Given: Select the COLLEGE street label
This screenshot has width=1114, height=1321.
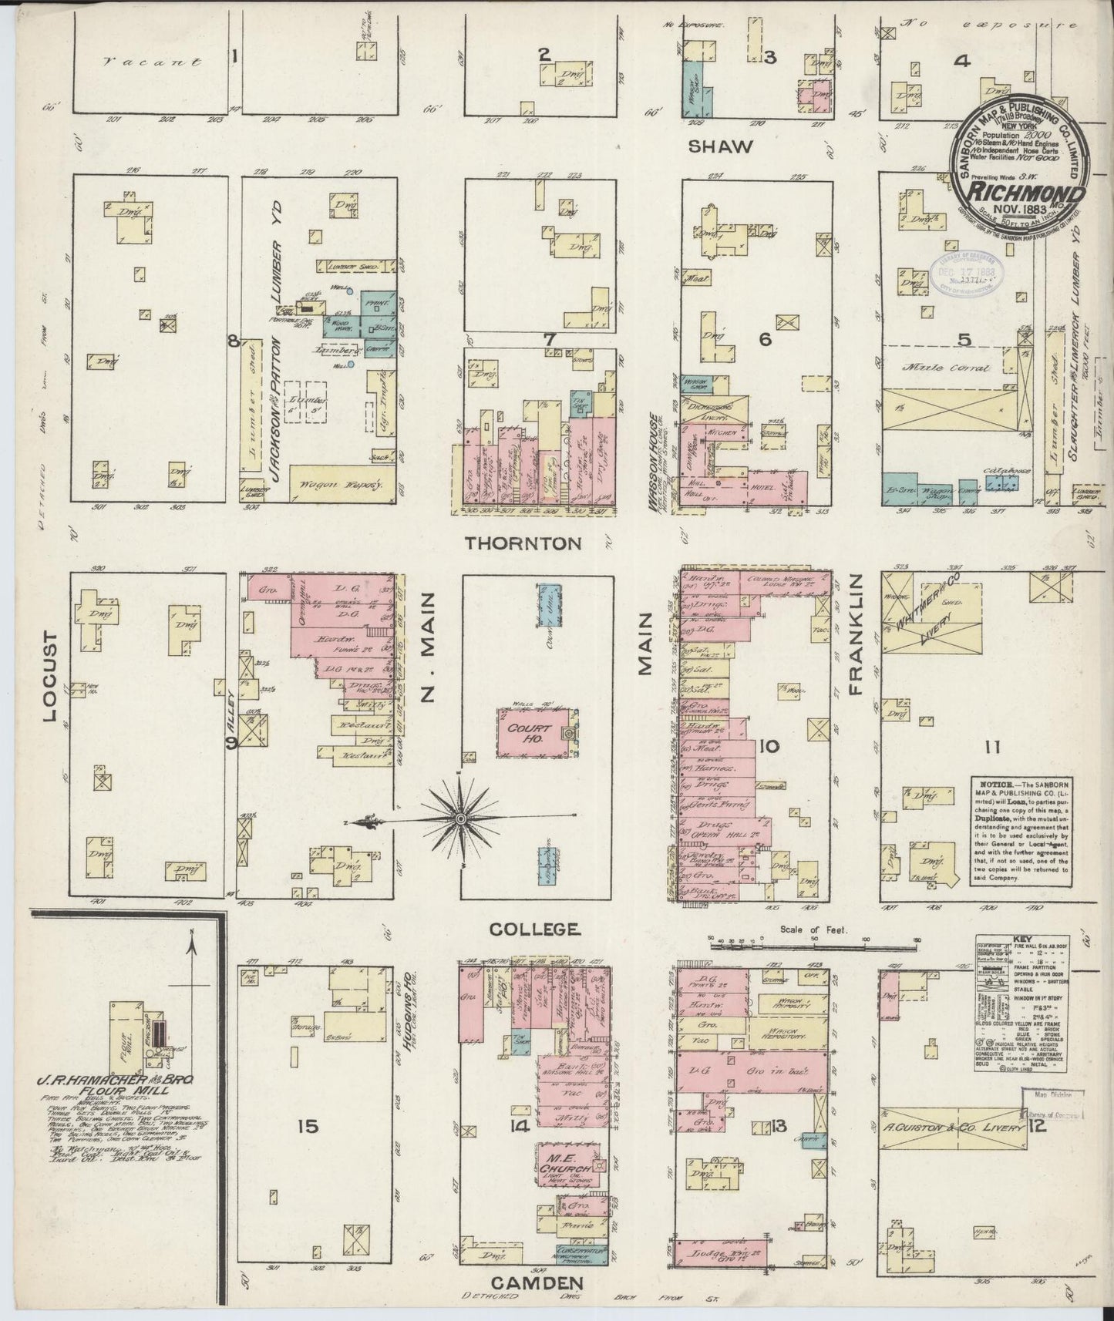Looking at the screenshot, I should coord(534,929).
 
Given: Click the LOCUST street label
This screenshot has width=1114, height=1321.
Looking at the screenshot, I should coord(51,676).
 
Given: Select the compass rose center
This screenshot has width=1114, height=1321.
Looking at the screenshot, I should coord(461,817).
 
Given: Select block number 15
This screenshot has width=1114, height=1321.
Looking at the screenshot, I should coord(307,1127).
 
